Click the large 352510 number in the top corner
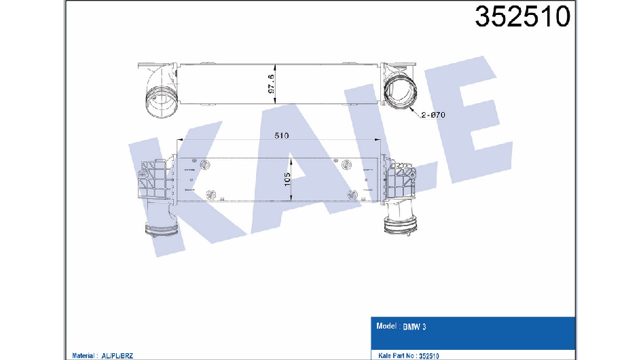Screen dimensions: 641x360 pos(522,17)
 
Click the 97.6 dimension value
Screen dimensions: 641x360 pos(271,84)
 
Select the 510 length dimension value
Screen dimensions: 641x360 pos(282,135)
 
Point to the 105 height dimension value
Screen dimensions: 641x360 pos(287,179)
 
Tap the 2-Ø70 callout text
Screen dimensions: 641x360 pos(433,115)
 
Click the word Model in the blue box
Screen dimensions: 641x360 pos(386,326)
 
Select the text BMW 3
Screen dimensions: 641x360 pos(414,327)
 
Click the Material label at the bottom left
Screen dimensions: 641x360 pos(84,356)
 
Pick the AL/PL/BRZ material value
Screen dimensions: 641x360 pos(117,356)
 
